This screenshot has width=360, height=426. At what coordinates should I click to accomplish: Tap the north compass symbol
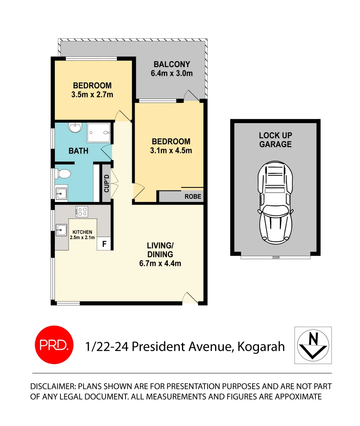point(313,345)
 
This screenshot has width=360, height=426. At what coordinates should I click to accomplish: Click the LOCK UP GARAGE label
point(276,140)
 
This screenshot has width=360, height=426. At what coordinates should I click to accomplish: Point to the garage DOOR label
point(276,258)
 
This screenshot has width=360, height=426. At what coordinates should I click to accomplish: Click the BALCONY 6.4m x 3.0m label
point(172,69)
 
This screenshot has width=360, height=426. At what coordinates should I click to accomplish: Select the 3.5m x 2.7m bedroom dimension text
point(92,95)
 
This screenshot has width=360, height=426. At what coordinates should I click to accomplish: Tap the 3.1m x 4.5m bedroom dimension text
point(171,150)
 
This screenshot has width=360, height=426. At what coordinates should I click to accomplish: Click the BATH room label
point(79,151)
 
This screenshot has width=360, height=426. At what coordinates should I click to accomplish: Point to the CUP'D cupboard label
point(106,184)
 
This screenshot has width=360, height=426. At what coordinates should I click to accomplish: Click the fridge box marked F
point(104,244)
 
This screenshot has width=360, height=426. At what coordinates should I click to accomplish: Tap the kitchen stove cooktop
point(82,212)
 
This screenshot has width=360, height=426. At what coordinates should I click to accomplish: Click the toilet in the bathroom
point(63,174)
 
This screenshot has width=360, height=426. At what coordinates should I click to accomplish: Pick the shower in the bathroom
point(98,132)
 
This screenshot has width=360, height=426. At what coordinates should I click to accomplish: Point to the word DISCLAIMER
point(53,386)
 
